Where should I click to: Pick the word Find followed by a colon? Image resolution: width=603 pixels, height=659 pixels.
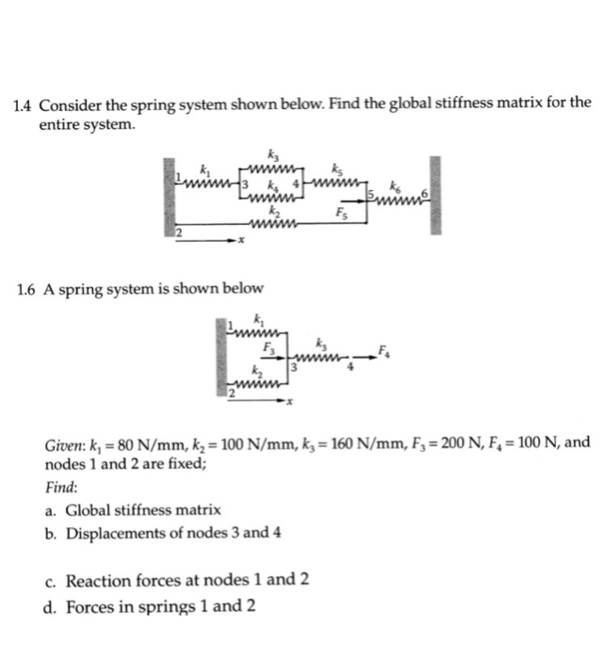click(x=62, y=488)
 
